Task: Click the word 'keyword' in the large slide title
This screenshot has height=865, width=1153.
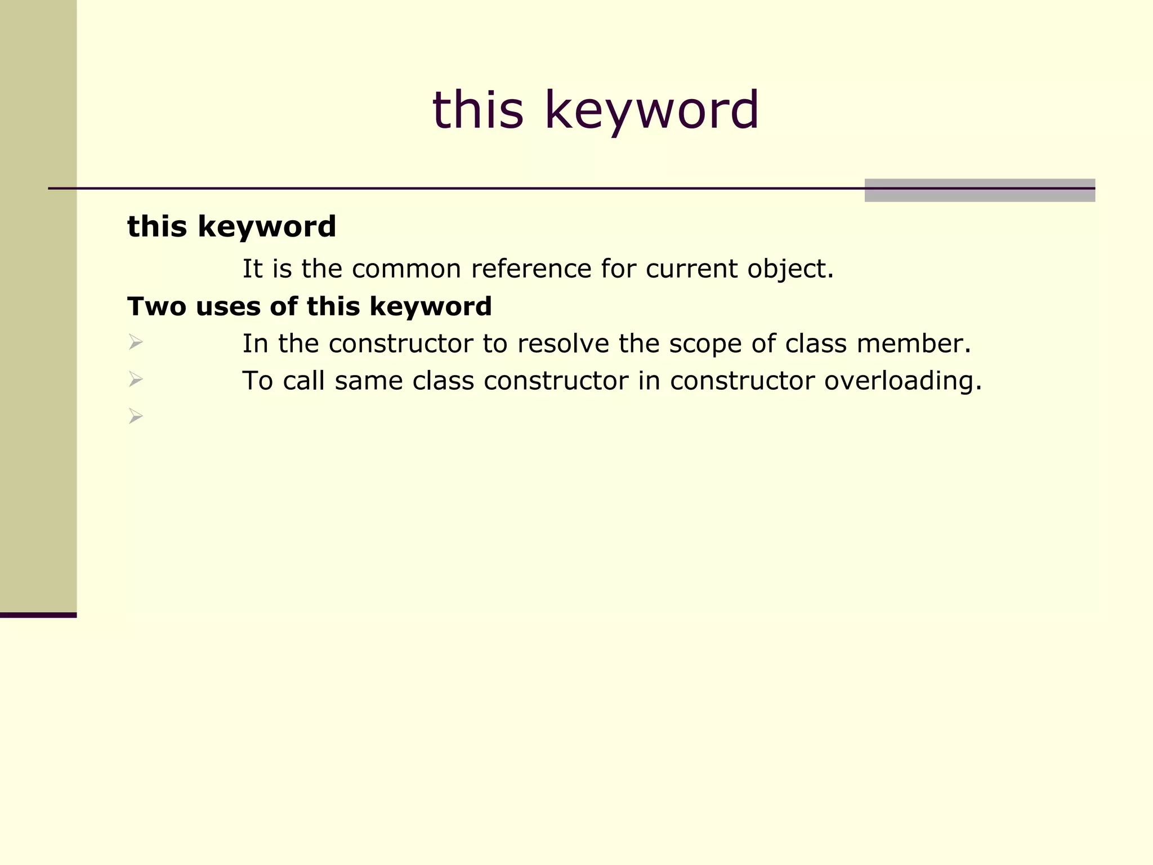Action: click(651, 110)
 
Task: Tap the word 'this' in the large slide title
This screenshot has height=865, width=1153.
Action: click(477, 110)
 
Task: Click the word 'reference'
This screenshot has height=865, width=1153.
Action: click(531, 269)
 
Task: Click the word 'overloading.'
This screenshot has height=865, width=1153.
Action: click(902, 381)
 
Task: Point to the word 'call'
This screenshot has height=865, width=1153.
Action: click(303, 381)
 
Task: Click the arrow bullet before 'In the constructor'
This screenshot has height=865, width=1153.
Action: click(135, 342)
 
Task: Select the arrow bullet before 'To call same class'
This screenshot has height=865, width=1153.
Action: click(135, 379)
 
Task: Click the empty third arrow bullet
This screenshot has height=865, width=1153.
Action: click(135, 416)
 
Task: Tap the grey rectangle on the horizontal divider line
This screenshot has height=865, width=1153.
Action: click(979, 190)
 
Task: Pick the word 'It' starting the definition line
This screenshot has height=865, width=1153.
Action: click(252, 269)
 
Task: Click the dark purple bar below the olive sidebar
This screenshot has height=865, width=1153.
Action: click(38, 615)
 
